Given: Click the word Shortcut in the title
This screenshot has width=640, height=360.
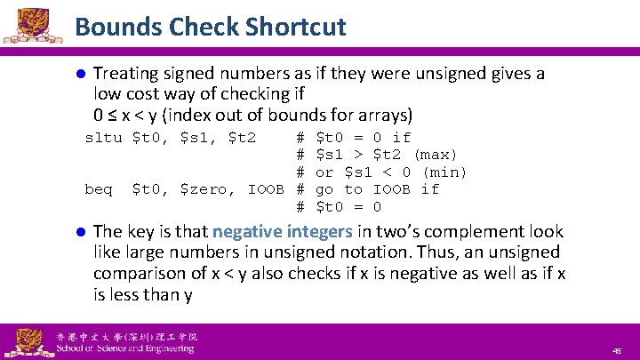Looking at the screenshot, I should (x=297, y=27).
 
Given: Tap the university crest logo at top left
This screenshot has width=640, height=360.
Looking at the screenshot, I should (x=32, y=24).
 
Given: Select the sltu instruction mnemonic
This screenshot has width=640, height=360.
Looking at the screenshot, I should (x=103, y=137).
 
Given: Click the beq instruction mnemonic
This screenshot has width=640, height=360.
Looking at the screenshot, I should (x=99, y=188).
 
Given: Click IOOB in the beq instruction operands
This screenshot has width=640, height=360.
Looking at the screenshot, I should (x=266, y=188).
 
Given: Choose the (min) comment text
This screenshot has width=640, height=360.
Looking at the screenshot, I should (x=444, y=172).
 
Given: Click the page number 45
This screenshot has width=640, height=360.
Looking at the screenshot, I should (x=616, y=351).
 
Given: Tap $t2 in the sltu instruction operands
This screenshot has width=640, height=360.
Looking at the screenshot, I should (x=243, y=137).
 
